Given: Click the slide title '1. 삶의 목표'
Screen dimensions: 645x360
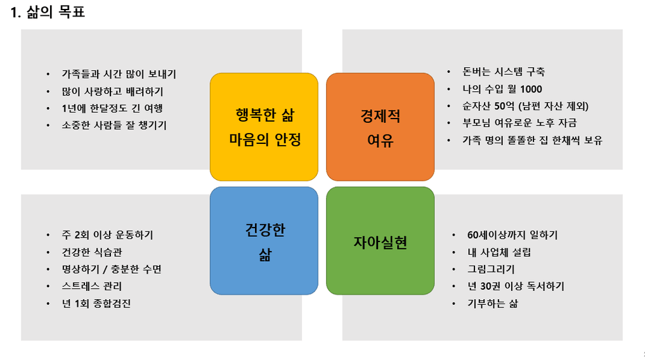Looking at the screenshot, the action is pos(48,12).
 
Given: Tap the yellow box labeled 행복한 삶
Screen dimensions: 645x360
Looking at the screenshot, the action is pos(264,127).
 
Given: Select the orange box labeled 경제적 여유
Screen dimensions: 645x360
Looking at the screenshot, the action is pos(381,127).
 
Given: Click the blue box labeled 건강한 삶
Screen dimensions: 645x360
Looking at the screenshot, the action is pos(264,241).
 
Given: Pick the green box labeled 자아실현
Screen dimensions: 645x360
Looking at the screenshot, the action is pos(381,241).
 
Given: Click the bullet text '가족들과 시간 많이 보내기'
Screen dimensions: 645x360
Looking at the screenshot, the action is pos(119,74).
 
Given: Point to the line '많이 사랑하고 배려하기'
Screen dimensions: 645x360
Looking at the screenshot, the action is pos(112,91).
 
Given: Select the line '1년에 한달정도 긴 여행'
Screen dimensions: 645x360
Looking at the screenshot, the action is pos(112,108).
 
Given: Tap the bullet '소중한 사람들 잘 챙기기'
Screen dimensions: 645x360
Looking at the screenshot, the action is pos(114,125).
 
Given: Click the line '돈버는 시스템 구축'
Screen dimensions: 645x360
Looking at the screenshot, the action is pos(504,72).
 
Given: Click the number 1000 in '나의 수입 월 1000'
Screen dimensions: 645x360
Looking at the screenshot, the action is pos(531,89).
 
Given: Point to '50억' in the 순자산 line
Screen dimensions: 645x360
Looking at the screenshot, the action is pos(504,106).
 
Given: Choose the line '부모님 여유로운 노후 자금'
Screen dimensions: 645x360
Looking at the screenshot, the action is pos(519,123).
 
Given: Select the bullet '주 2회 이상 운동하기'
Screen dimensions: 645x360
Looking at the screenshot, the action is pos(107,235).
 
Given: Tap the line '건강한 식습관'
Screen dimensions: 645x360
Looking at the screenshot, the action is pos(92,252).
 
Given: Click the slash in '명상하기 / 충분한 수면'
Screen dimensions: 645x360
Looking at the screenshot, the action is pos(105,269).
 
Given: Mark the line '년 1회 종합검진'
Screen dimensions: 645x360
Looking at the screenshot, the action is pos(96,304).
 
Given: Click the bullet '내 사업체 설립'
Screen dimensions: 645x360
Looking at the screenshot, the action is pos(499,252).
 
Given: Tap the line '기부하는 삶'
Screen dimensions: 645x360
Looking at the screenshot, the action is pos(492,304).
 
